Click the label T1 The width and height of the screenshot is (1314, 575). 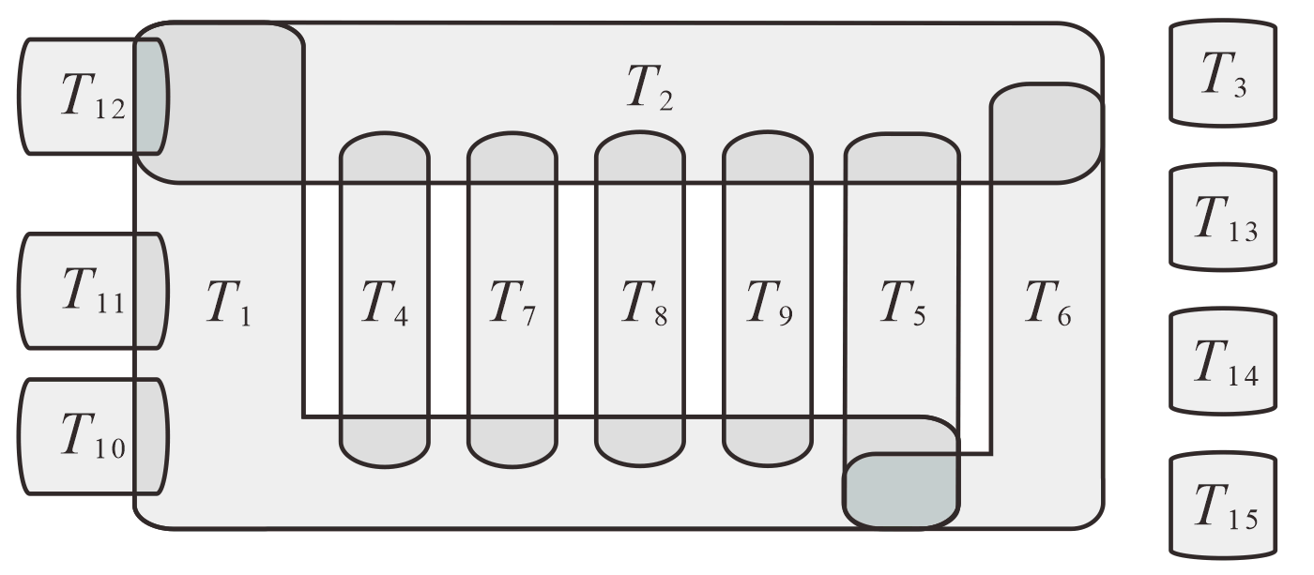[x=229, y=306]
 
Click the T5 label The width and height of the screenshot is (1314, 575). [x=903, y=306]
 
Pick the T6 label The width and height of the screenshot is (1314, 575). [x=1048, y=306]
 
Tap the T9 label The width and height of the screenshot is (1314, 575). [x=767, y=306]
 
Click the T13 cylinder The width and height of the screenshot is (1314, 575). [x=1223, y=219]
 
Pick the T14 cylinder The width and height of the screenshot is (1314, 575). [x=1223, y=363]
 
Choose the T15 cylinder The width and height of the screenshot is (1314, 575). [x=1223, y=507]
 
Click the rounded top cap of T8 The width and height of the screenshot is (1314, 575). [x=639, y=155]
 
